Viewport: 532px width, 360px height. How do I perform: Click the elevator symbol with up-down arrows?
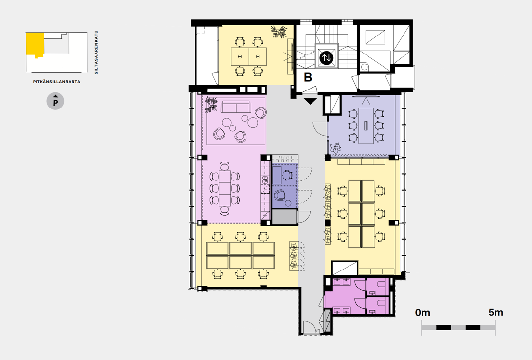pyautogui.click(x=327, y=57)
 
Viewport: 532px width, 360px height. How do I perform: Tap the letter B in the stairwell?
pyautogui.click(x=308, y=77)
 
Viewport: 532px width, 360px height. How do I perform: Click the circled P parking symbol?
pyautogui.click(x=55, y=101)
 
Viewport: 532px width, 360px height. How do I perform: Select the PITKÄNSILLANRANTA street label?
pyautogui.click(x=56, y=82)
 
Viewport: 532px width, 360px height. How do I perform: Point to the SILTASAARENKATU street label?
pyautogui.click(x=96, y=52)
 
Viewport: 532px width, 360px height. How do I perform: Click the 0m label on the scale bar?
pyautogui.click(x=422, y=312)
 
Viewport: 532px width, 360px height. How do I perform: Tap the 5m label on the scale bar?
pyautogui.click(x=495, y=312)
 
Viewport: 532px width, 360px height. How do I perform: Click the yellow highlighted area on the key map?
pyautogui.click(x=35, y=44)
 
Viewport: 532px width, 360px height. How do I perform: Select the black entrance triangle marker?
pyautogui.click(x=310, y=101)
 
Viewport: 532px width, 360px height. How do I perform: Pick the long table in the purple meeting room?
pyautogui.click(x=366, y=126)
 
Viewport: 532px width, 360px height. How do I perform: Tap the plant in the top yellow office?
pyautogui.click(x=279, y=32)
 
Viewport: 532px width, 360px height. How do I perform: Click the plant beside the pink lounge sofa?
pyautogui.click(x=211, y=105)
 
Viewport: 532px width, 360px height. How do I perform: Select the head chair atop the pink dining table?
pyautogui.click(x=224, y=166)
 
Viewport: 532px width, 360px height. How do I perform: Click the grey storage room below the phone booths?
pyautogui.click(x=285, y=217)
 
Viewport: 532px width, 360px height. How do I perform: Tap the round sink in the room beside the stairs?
pyautogui.click(x=365, y=67)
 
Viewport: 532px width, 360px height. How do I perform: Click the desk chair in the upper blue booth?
pyautogui.click(x=287, y=175)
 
